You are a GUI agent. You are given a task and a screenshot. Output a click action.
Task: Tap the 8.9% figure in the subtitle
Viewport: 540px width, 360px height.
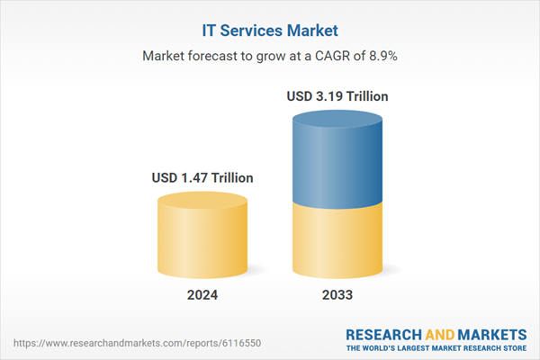coord(379,56)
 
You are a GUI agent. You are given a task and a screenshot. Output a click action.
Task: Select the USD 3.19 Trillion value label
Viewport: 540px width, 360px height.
coord(337,96)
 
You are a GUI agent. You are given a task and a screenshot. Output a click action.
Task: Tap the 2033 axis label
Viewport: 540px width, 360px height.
coord(337,294)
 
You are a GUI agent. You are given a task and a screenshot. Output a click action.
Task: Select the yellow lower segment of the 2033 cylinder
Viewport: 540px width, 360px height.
coord(337,238)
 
